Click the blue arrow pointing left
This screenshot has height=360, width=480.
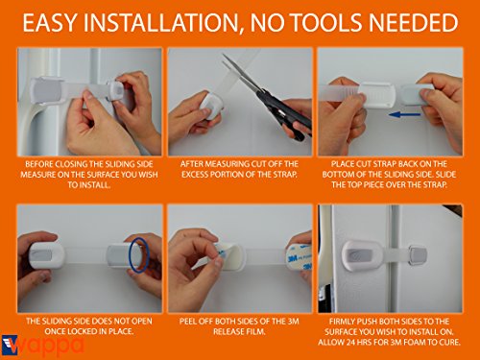pos(404,114)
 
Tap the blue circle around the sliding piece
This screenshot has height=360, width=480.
pos(130,254)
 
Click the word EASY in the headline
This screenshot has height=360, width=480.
pos(50,23)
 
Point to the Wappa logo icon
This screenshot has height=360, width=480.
pos(10,345)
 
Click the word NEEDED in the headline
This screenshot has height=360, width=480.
pos(414,23)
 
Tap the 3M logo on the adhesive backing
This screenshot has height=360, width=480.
pos(293,257)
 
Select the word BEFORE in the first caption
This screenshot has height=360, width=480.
pos(39,164)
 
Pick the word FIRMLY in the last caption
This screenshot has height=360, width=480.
pos(342,322)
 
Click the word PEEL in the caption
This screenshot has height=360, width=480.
pos(187,322)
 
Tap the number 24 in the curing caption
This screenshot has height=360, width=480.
pos(351,343)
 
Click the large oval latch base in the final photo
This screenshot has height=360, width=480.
pos(363,255)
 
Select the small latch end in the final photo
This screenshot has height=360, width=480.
pos(418,255)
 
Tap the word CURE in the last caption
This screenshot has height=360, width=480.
pos(450,343)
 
